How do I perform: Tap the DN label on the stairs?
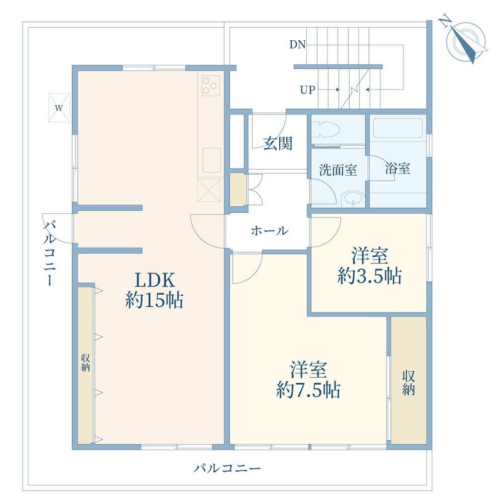pos(297,45)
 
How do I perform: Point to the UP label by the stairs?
pos(307,90)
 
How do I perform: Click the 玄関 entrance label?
pos(278,143)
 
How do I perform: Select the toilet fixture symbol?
pos(326,131)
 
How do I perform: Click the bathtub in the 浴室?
pos(398,128)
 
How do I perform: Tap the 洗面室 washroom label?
pos(338,170)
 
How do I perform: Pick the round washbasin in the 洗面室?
pos(353,198)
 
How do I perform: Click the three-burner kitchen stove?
pos(211,86)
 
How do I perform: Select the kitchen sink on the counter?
pos(211,160)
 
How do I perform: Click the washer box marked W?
pos(58,108)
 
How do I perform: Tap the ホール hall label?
pos(270,230)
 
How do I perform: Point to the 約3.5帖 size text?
pos(370,275)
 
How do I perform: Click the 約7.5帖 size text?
pos(308,390)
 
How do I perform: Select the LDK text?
pos(155,280)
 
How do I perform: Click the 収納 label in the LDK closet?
pos(86,363)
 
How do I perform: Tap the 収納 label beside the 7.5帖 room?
pos(409,383)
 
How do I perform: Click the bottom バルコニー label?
pos(227,468)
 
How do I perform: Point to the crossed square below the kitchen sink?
pos(209,191)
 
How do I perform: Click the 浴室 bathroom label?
pos(398,169)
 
